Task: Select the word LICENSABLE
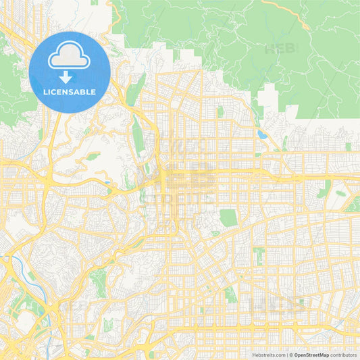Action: click(70, 92)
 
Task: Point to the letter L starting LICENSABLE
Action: click(45, 92)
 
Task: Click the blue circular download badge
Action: click(70, 72)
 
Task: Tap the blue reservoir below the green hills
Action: click(261, 134)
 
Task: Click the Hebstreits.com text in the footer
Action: click(269, 354)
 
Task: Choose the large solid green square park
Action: click(229, 217)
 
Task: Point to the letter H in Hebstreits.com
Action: click(255, 354)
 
